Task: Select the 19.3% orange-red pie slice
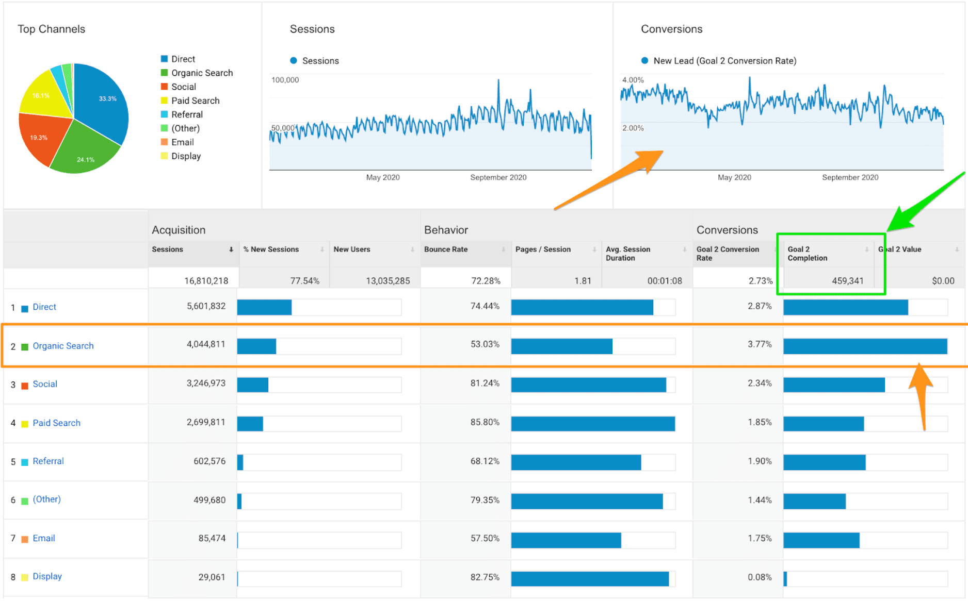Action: tap(39, 138)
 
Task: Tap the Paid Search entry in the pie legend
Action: tap(195, 101)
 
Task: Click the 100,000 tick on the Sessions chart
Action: tap(285, 80)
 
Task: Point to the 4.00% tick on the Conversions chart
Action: tap(633, 80)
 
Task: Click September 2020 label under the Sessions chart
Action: tap(498, 177)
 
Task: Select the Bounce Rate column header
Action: tap(446, 249)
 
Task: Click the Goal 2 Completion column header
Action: tap(807, 254)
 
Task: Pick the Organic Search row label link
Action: tap(63, 346)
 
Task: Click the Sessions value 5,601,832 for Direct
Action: tap(206, 306)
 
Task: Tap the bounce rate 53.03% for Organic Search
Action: tap(485, 344)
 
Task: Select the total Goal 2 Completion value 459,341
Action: tap(847, 281)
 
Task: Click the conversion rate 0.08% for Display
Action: tap(760, 577)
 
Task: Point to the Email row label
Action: tap(43, 538)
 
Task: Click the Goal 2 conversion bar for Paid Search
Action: tap(824, 424)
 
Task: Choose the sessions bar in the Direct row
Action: tap(264, 307)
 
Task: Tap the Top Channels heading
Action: tap(51, 29)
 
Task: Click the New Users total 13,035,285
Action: tap(388, 281)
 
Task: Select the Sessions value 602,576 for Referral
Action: tap(209, 461)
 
